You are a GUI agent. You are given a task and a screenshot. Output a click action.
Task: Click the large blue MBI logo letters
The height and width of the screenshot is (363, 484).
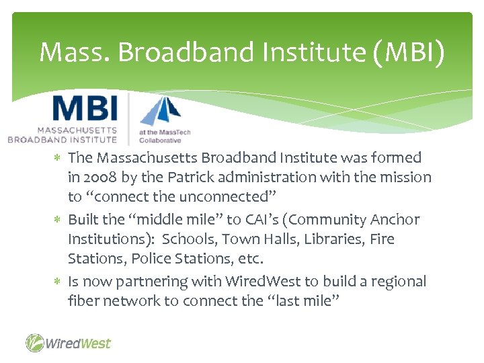pyautogui.click(x=85, y=110)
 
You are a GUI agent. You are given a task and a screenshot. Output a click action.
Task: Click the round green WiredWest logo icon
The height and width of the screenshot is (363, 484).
pyautogui.click(x=35, y=343)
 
